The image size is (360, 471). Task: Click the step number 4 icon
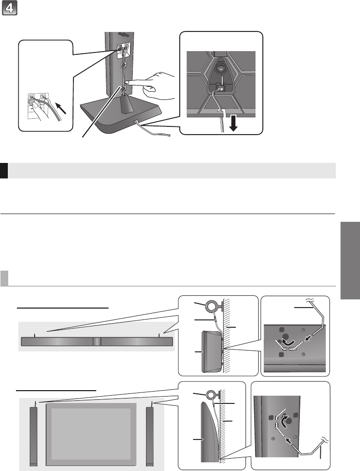pyautogui.click(x=10, y=7)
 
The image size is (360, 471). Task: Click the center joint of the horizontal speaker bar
pyautogui.click(x=97, y=342)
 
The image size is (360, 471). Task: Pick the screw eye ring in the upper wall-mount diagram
pyautogui.click(x=211, y=307)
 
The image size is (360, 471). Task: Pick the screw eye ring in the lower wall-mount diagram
pyautogui.click(x=211, y=394)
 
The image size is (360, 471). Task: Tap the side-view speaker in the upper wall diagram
pyautogui.click(x=212, y=351)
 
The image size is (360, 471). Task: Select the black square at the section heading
pyautogui.click(x=4, y=171)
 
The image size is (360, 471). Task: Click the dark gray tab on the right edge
pyautogui.click(x=350, y=260)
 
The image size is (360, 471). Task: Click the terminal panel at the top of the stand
pyautogui.click(x=124, y=51)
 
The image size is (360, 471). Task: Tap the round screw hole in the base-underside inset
pyautogui.click(x=220, y=68)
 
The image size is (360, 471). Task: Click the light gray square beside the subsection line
pyautogui.click(x=4, y=278)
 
